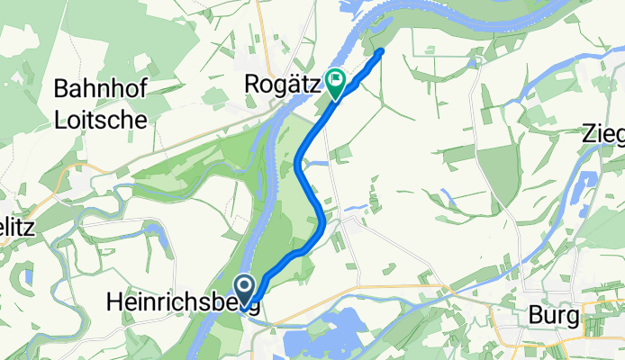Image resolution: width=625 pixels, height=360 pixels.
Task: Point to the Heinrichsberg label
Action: coord(184,302)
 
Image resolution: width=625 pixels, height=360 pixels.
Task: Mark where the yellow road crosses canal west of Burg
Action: coord(448,290)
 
